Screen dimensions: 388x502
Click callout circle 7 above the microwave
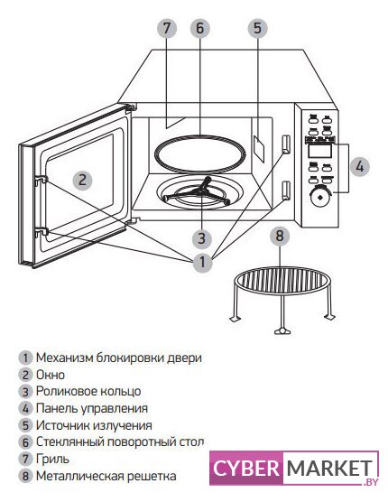pyautogui.click(x=167, y=28)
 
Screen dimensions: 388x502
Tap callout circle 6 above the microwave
pyautogui.click(x=200, y=28)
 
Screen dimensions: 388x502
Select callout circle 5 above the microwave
pyautogui.click(x=258, y=28)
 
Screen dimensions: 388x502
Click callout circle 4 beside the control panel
pyautogui.click(x=360, y=166)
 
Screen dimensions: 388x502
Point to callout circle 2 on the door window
pyautogui.click(x=82, y=180)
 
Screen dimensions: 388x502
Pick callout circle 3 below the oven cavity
pyautogui.click(x=202, y=238)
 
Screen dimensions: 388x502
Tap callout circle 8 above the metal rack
pyautogui.click(x=280, y=237)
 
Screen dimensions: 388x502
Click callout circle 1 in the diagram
pyautogui.click(x=202, y=263)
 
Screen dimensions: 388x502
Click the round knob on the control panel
pyautogui.click(x=319, y=196)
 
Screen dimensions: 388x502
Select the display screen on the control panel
pyautogui.click(x=319, y=151)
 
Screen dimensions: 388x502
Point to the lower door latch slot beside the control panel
pyautogui.click(x=286, y=190)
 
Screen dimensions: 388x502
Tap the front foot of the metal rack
pyautogui.click(x=282, y=330)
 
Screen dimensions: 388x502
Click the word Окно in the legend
pyautogui.click(x=51, y=375)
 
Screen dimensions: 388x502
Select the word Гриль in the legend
pyautogui.click(x=52, y=459)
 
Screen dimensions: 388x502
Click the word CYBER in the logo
pyautogui.click(x=246, y=469)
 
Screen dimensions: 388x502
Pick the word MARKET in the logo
pyautogui.click(x=329, y=469)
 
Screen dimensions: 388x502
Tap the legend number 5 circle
pyautogui.click(x=25, y=425)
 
